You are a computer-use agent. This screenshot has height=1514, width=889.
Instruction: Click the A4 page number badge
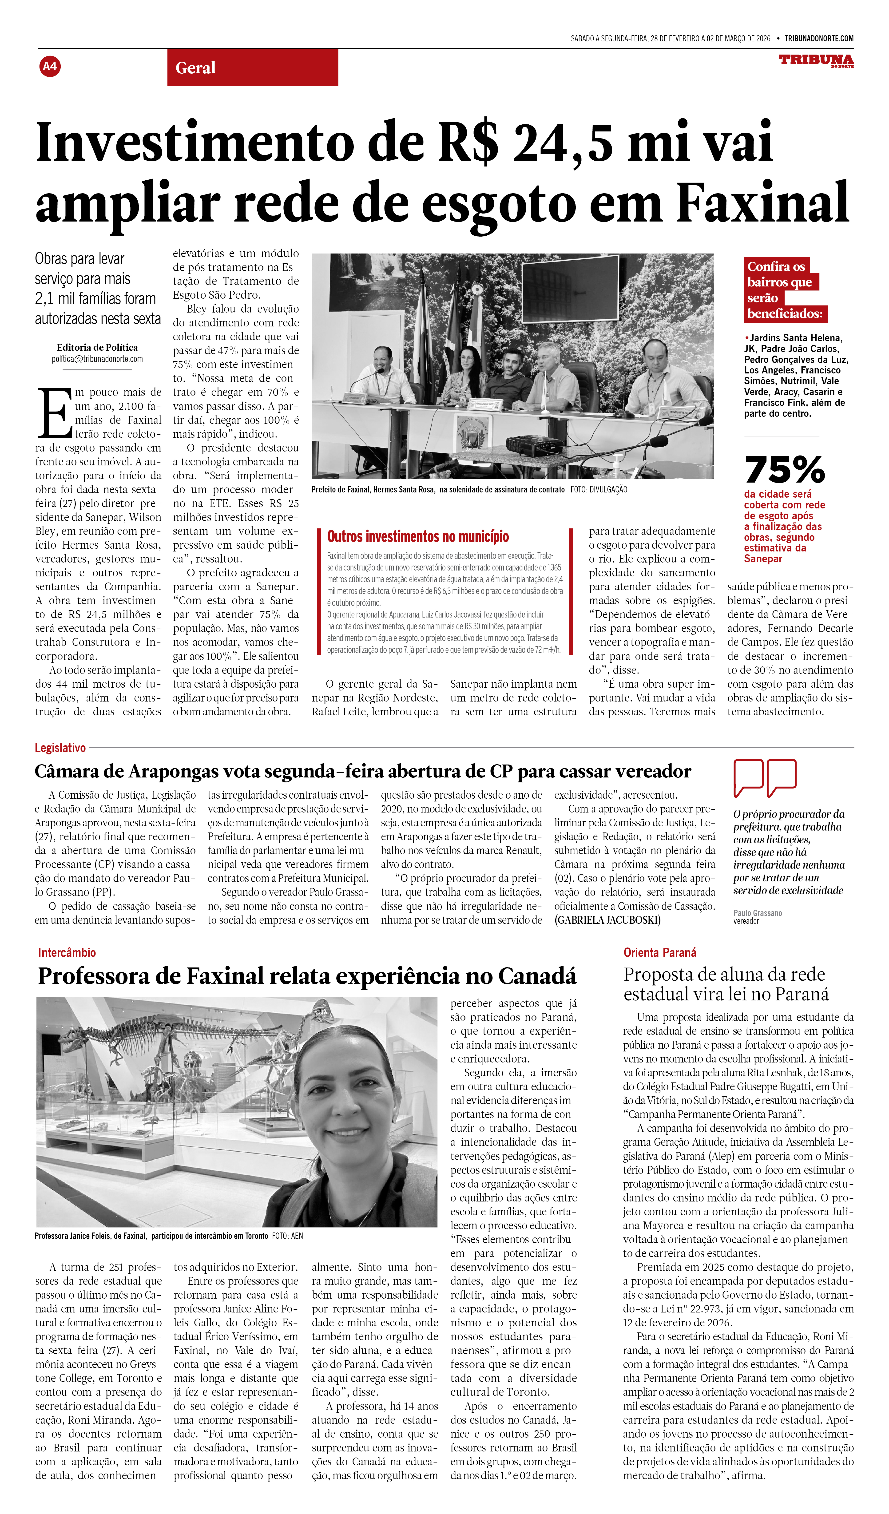point(50,66)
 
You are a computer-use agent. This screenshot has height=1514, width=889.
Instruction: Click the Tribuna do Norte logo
point(816,61)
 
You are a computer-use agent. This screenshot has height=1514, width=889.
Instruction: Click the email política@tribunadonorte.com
point(97,359)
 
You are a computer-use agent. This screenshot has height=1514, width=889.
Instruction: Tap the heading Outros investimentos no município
point(417,536)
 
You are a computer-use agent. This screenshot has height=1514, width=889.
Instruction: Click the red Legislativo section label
point(60,748)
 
